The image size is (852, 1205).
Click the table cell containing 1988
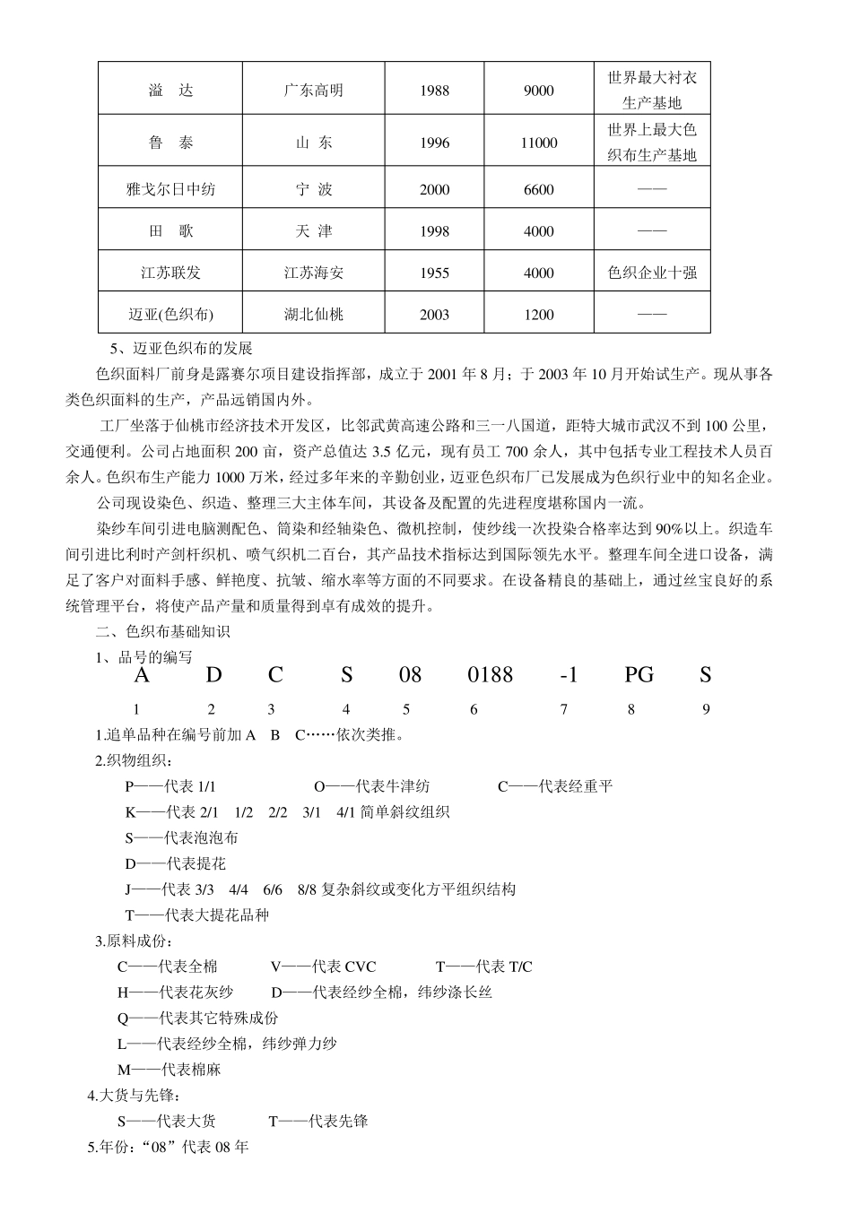tap(434, 91)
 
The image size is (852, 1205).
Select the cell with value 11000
tap(538, 143)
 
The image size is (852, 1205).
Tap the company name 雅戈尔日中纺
tap(170, 189)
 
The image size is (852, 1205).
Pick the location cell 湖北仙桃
tap(313, 315)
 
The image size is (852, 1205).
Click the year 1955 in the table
tap(434, 273)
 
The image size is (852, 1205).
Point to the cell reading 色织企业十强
tap(652, 273)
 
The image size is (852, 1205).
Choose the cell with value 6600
tap(538, 189)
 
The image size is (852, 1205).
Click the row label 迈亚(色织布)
tap(170, 315)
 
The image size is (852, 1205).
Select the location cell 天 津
tap(313, 231)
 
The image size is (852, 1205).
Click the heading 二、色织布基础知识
tap(162, 632)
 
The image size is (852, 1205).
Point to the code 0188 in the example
tap(490, 675)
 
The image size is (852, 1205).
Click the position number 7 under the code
tap(563, 710)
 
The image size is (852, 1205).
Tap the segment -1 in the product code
tap(568, 675)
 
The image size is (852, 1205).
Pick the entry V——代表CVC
tap(323, 967)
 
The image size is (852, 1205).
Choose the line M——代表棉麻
tap(169, 1071)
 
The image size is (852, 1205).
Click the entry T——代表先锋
tap(317, 1122)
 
